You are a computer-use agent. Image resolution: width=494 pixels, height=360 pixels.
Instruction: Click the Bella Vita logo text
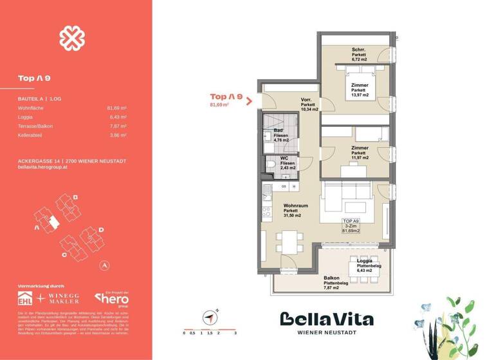tap(327, 319)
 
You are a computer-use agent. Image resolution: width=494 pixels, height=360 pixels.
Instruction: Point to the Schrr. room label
tap(359, 50)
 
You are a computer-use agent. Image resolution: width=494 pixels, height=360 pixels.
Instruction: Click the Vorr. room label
tap(307, 100)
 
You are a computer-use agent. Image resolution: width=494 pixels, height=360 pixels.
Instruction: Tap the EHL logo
tap(28, 298)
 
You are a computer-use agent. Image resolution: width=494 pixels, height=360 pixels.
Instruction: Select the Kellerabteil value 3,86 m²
tap(116, 136)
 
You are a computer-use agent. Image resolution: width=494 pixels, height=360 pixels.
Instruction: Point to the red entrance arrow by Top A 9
tap(248, 99)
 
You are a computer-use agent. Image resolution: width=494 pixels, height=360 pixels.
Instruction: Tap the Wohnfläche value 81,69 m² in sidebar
tap(116, 109)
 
